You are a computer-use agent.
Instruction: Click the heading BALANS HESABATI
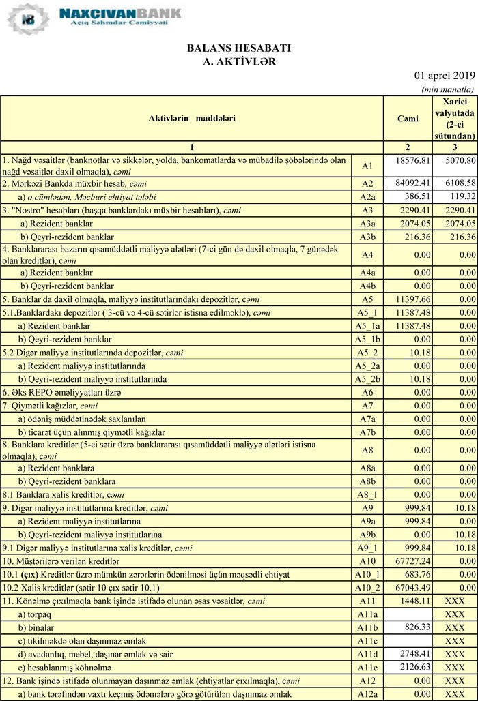[x=238, y=49]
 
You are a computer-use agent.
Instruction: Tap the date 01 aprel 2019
[x=445, y=75]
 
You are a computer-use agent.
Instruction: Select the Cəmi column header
[x=408, y=119]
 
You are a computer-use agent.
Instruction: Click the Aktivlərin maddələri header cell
[x=192, y=119]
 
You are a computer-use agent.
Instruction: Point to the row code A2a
[x=367, y=197]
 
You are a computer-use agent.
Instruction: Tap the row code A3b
[x=367, y=237]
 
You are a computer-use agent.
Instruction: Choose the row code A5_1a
[x=367, y=326]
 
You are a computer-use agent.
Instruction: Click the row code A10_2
[x=367, y=588]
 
